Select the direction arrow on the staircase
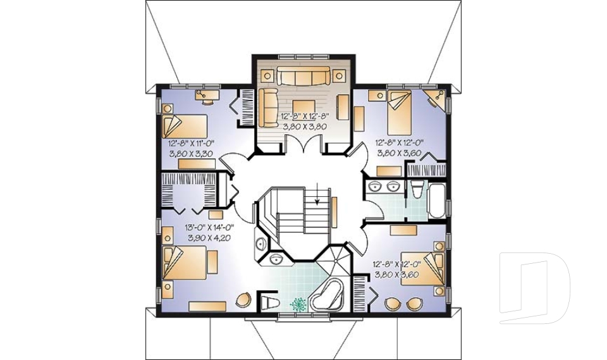pyautogui.click(x=317, y=192)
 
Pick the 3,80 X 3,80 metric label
pyautogui.click(x=305, y=126)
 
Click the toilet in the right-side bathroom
pyautogui.click(x=416, y=190)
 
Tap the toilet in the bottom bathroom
pyautogui.click(x=268, y=301)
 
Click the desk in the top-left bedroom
pyautogui.click(x=205, y=96)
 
